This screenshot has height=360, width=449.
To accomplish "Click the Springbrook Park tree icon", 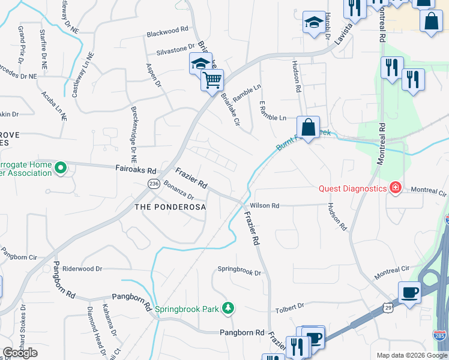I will tap(228, 308).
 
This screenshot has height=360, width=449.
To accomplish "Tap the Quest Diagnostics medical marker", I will tap(395, 188).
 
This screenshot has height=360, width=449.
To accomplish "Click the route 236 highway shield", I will tap(153, 185).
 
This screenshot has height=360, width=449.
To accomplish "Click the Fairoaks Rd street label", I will tap(136, 170).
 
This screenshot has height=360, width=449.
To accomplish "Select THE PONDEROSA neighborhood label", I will tap(170, 207).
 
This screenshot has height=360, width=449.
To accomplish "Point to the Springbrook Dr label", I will tap(240, 272).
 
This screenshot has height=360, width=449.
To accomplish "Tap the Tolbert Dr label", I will tap(290, 308).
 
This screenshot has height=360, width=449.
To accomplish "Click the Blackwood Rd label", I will tap(167, 29).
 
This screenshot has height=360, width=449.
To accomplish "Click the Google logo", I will tap(20, 353).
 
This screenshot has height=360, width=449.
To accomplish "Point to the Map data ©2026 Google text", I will tap(411, 355).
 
